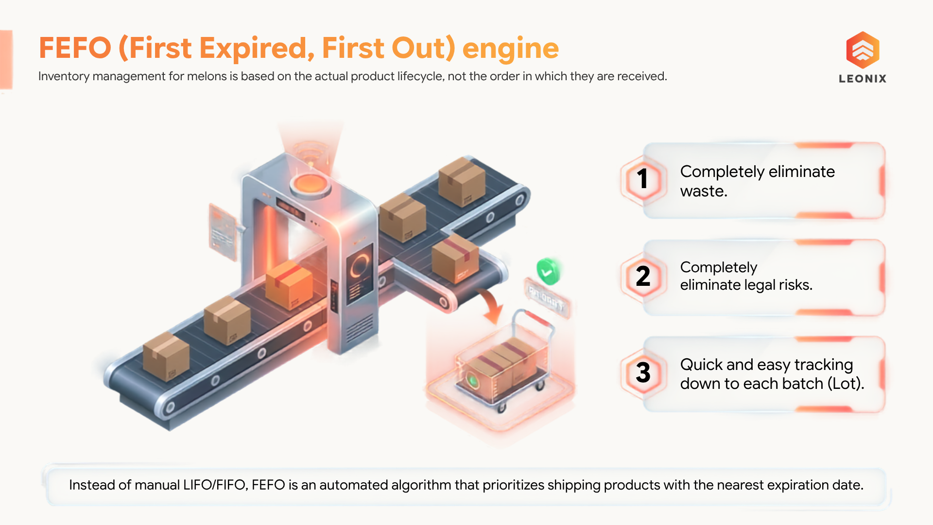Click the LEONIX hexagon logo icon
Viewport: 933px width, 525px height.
coord(863,50)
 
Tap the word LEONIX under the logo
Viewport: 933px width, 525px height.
coord(863,79)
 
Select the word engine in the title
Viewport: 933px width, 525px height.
coord(510,49)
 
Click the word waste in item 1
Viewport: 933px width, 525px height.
coord(704,192)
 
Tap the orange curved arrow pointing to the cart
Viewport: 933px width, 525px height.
coord(492,305)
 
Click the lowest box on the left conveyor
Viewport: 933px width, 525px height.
coord(166,356)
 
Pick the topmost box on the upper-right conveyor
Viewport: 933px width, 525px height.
coord(462,181)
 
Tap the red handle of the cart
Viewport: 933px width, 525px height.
coord(538,318)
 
